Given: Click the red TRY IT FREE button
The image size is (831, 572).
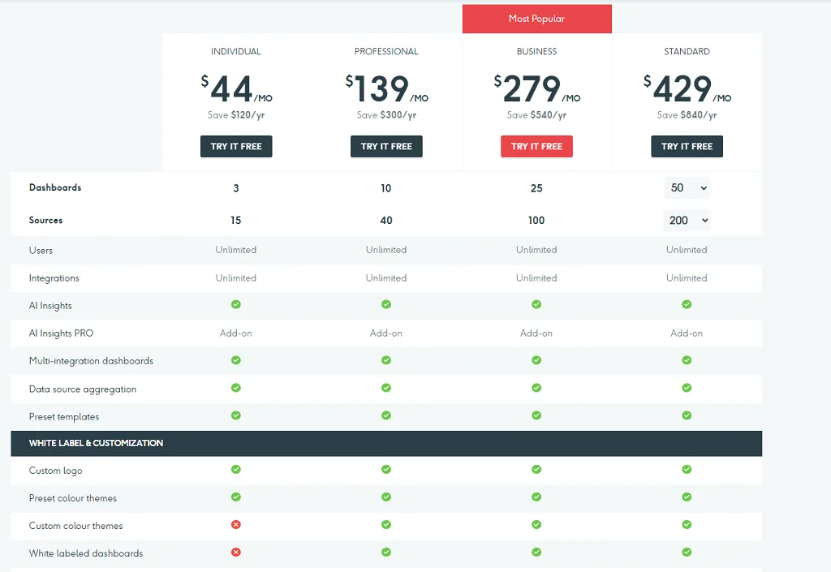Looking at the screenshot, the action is [536, 146].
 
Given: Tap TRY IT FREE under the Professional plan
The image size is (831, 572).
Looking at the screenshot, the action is [386, 146].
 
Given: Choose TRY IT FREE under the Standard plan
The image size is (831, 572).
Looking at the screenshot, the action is [687, 146].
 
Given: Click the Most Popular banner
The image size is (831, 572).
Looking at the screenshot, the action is [537, 19].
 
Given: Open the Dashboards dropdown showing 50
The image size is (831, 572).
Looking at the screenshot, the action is [687, 188].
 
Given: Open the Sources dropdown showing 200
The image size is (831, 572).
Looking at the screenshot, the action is [687, 221].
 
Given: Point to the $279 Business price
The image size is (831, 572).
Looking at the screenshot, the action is [537, 89].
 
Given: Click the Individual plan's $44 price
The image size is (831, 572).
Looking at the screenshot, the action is [236, 89].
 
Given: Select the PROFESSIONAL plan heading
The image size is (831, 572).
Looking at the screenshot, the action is [386, 51].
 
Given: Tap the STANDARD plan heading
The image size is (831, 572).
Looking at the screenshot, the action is [687, 51].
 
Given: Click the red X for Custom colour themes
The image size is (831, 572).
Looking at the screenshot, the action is [236, 524].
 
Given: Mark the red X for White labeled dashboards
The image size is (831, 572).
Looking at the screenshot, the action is [236, 552].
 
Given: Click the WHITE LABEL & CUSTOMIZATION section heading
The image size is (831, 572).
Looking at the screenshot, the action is [96, 443].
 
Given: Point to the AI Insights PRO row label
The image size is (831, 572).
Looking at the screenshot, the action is [61, 333].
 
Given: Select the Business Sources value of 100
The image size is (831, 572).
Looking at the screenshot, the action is [536, 221].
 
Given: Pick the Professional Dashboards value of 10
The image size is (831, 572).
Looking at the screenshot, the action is [385, 188].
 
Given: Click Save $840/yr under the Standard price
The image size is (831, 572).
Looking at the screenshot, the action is [687, 115].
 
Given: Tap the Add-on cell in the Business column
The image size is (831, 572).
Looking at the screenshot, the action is [536, 333].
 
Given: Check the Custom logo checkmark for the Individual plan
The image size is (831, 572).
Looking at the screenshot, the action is [236, 469].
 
